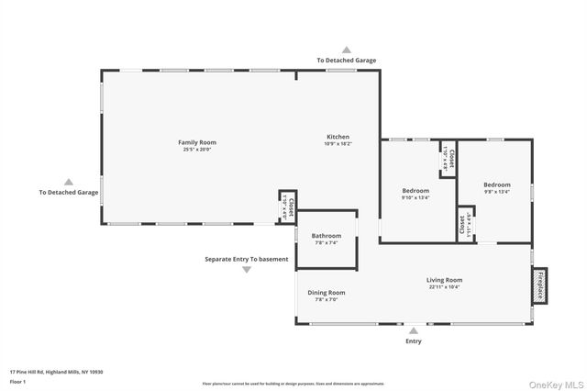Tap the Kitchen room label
tap(338, 137)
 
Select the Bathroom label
tap(327, 236)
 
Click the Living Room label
tap(444, 280)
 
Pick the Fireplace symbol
tap(540, 287)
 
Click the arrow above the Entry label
tap(414, 330)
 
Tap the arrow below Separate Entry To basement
tap(247, 270)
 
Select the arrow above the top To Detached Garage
tap(346, 50)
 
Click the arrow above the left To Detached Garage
tap(68, 182)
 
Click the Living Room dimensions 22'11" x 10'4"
tap(444, 286)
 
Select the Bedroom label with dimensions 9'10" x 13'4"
tap(415, 191)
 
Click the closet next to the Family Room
tap(288, 207)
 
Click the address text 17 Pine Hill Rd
tap(56, 372)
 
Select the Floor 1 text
tap(18, 381)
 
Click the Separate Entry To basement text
tap(247, 259)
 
